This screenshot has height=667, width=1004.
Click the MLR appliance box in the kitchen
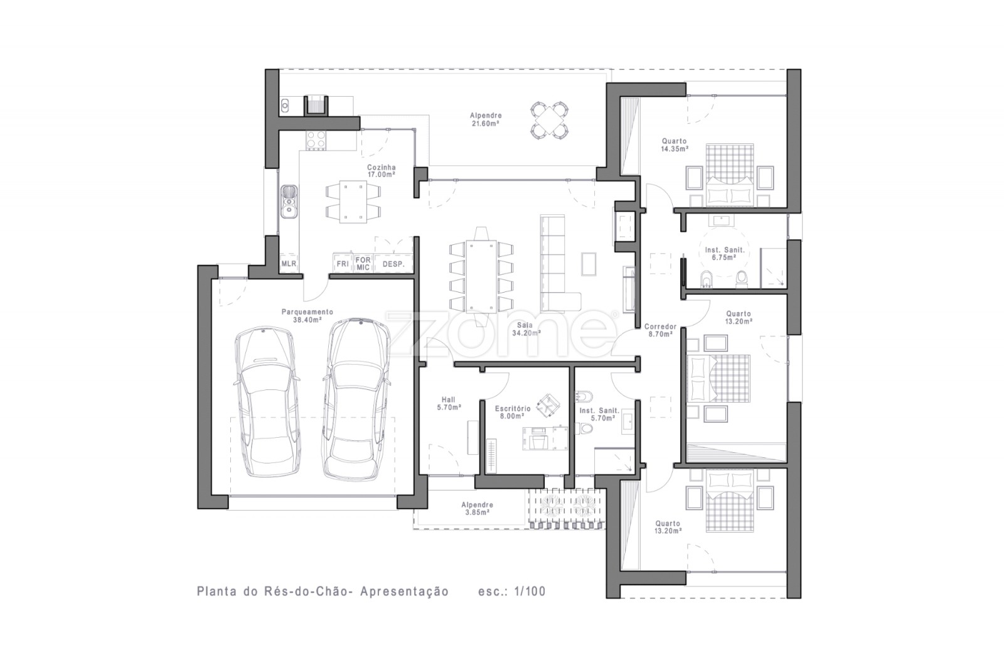289,263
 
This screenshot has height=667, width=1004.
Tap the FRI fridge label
343,263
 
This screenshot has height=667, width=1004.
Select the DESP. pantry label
393,264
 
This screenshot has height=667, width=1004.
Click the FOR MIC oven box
363,263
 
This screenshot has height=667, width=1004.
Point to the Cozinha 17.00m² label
382,171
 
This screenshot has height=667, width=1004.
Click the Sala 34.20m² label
526,329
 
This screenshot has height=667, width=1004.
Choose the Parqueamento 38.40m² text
307,316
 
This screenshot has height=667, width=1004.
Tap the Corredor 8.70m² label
661,330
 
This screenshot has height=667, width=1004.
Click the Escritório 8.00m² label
513,412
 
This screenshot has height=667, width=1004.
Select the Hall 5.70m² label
449,403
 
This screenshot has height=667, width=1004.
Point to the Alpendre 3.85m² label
478,508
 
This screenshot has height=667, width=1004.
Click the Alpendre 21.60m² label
486,119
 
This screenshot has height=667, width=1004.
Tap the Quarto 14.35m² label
675,145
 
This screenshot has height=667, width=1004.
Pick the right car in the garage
356,399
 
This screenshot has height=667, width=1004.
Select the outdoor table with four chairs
550,120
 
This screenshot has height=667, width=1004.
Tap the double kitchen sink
289,202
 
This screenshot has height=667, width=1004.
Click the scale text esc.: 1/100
512,591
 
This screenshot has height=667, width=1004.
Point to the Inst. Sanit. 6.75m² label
724,254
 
